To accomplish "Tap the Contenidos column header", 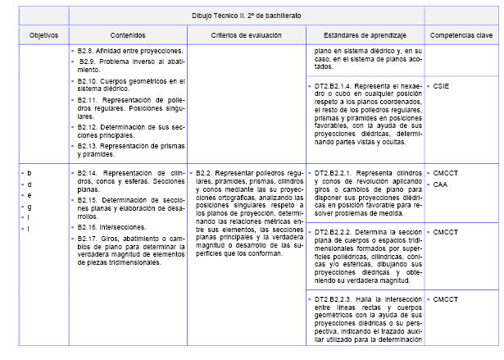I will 128,37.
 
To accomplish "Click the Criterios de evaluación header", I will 246,37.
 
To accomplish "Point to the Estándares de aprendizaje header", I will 366,37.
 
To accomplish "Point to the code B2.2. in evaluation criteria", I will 206,174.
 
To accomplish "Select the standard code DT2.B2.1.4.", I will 337,85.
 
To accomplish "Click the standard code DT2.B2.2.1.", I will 337,174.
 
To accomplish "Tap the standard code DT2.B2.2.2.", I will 337,232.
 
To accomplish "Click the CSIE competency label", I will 441,85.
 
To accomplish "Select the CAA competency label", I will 440,185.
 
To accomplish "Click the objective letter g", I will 30,206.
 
